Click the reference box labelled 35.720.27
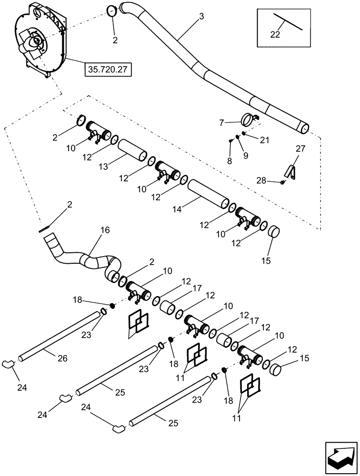(108, 69)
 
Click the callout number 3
(202, 17)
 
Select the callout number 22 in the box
(275, 34)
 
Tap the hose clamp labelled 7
(248, 118)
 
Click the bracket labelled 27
(290, 172)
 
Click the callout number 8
(230, 161)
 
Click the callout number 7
(221, 123)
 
